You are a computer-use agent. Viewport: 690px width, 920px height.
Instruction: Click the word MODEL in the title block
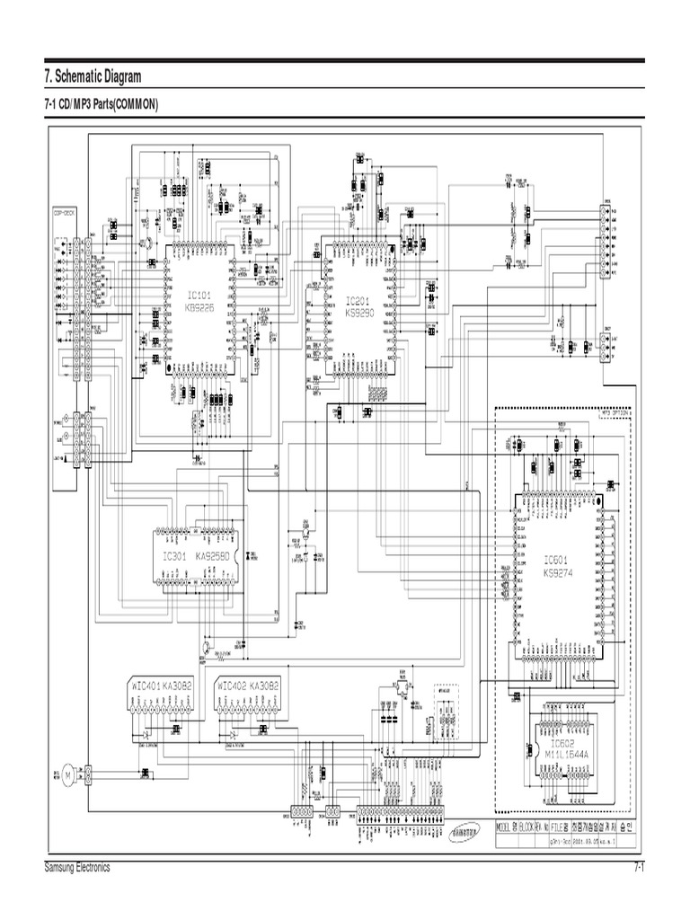(x=508, y=825)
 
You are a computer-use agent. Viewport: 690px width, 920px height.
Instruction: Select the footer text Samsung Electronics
(x=76, y=868)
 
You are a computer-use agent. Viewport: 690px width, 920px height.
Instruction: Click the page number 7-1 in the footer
(x=639, y=868)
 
